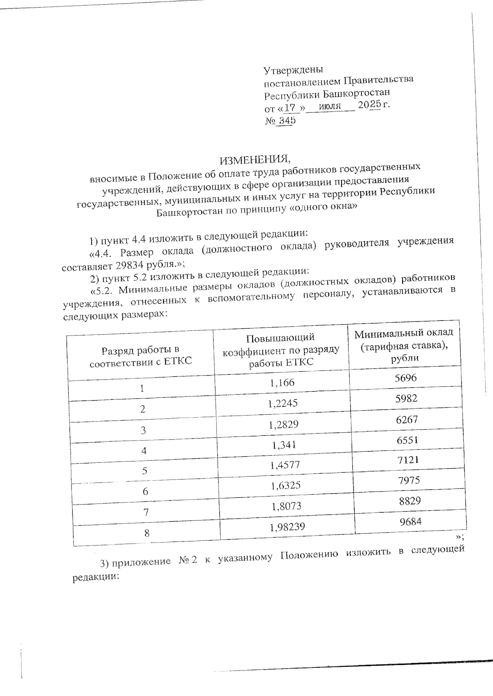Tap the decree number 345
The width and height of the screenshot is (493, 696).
tap(287, 121)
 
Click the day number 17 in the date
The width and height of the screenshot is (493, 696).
tap(290, 108)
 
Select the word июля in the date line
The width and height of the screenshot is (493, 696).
tap(330, 106)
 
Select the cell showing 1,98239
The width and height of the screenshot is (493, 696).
tap(288, 527)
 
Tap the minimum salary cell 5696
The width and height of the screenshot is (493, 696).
tap(405, 378)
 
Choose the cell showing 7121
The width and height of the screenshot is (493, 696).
tap(408, 460)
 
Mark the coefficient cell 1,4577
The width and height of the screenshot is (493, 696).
tap(285, 465)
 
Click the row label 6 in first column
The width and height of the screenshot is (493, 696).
tap(145, 492)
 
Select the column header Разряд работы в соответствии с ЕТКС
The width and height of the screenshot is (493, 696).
tap(141, 356)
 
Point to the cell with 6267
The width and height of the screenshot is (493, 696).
tap(407, 419)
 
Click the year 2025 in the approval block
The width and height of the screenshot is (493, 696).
tap(369, 105)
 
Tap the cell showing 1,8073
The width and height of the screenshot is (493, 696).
tap(286, 506)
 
